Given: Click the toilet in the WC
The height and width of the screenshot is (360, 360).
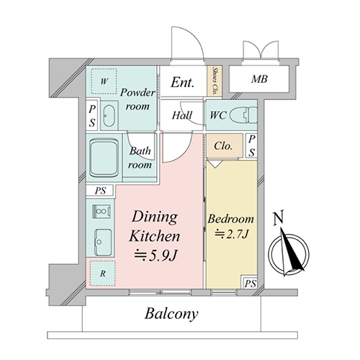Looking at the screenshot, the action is [x=243, y=115].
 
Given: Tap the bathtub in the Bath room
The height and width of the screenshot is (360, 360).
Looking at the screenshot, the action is [x=104, y=158].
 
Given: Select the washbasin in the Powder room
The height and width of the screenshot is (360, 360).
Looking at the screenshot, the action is [x=109, y=116].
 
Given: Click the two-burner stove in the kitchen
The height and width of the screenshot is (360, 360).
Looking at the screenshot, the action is [x=102, y=212].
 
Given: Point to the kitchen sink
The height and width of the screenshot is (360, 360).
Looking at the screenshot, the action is [x=104, y=243].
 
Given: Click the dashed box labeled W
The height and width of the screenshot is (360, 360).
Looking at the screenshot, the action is [x=104, y=81].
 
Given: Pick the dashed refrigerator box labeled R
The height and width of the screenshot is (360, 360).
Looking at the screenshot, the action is [x=103, y=274].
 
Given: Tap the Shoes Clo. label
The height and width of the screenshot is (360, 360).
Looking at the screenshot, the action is [x=215, y=81].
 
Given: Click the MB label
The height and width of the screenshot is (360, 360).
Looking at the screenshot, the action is [x=259, y=79].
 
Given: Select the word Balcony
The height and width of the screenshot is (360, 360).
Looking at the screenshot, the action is [x=171, y=314].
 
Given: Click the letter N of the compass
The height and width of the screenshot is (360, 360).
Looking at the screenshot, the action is [x=279, y=217].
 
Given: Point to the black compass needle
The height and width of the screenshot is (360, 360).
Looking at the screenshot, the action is [x=292, y=250].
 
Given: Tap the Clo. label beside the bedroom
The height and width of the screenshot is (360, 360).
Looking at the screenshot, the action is [x=223, y=145].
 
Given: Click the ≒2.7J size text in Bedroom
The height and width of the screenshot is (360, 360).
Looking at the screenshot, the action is [x=231, y=234].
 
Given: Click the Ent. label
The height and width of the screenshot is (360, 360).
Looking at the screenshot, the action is [x=182, y=82].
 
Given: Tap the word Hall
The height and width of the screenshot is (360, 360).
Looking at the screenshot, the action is [x=182, y=115].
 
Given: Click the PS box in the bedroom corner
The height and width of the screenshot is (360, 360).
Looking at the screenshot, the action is [x=250, y=284].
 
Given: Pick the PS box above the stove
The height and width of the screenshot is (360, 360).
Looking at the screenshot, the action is [x=100, y=191].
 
